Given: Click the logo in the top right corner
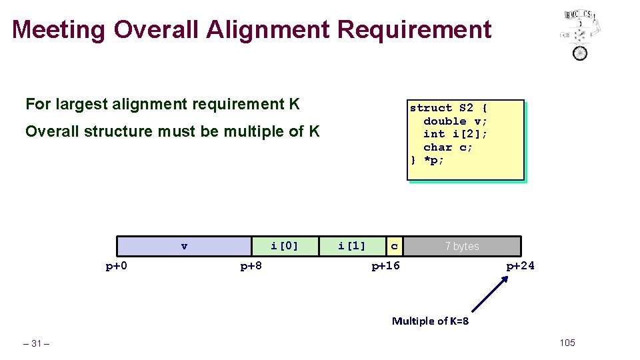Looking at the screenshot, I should (581, 34).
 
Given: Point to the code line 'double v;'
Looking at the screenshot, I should (455, 121).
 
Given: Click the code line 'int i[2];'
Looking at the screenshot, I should (455, 134).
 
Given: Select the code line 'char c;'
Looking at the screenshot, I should (448, 147).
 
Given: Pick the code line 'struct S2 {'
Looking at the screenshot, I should (449, 108).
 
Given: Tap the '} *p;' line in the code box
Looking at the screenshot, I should (427, 161).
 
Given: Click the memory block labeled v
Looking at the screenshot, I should (184, 246).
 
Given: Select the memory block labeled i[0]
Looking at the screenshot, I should (285, 246).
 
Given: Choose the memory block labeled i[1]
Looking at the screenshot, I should (352, 246).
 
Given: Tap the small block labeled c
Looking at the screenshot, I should (395, 246).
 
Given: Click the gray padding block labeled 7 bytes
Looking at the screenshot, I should (462, 246).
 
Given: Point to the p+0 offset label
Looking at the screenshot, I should (117, 266).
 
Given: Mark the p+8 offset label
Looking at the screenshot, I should (251, 266).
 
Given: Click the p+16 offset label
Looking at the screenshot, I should (385, 266).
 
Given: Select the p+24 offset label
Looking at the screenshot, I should (520, 266).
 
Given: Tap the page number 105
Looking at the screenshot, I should (567, 343).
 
